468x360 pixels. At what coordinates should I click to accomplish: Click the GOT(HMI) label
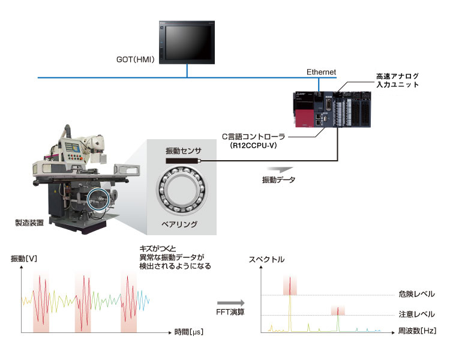point(136,59)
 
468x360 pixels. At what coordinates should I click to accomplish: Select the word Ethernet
point(321,72)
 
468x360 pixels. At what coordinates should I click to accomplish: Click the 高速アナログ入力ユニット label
point(397,80)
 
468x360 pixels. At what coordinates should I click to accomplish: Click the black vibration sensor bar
point(183,161)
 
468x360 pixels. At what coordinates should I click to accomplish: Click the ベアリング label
point(179,224)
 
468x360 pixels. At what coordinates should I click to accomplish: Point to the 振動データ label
point(279,179)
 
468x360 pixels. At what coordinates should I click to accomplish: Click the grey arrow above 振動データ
point(280,169)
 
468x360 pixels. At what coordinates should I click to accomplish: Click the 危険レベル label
point(416,294)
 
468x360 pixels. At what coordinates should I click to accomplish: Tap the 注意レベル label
point(416,314)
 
